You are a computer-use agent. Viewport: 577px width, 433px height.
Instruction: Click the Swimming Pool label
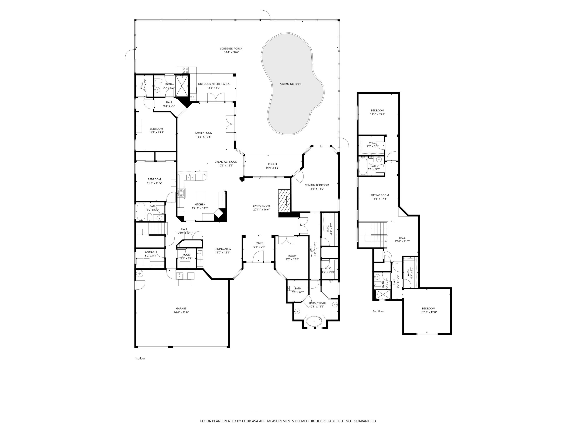pyautogui.click(x=291, y=84)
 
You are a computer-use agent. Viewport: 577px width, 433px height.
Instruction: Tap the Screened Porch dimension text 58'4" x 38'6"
pyautogui.click(x=231, y=52)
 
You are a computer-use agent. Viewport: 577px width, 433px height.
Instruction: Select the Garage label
pyautogui.click(x=181, y=308)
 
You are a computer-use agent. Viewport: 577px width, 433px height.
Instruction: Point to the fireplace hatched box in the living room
pyautogui.click(x=284, y=201)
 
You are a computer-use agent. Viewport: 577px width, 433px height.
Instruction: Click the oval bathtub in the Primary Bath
pyautogui.click(x=314, y=321)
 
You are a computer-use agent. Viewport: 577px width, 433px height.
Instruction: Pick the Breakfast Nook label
pyautogui.click(x=226, y=162)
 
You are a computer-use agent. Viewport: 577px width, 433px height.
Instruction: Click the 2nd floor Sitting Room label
pyautogui.click(x=379, y=195)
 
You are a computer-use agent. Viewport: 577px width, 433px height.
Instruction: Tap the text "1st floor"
pyautogui.click(x=140, y=358)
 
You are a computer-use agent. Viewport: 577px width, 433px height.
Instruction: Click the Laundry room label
pyautogui.click(x=151, y=252)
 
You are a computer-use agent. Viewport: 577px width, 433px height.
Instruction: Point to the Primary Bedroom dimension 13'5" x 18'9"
pyautogui.click(x=317, y=189)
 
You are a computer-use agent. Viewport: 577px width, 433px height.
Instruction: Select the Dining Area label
pyautogui.click(x=223, y=249)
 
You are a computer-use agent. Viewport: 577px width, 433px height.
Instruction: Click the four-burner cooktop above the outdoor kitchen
pyautogui.click(x=185, y=70)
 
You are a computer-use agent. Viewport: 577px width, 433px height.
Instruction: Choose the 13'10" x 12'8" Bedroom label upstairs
pyautogui.click(x=428, y=308)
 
